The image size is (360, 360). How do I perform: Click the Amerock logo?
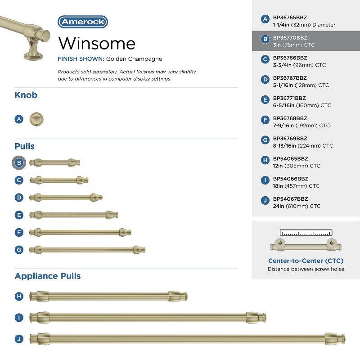pyautogui.click(x=83, y=22)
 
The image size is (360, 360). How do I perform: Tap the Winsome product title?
pyautogui.click(x=97, y=43)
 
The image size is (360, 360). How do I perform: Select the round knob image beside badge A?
pyautogui.click(x=36, y=119)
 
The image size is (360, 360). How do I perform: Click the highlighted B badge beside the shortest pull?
pyautogui.click(x=19, y=162)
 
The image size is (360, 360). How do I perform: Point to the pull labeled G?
pyautogui.click(x=87, y=249)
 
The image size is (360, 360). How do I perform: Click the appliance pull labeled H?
pyautogui.click(x=108, y=296)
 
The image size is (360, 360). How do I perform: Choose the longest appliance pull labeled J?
pyautogui.click(x=187, y=339)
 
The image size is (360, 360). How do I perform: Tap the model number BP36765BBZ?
pyautogui.click(x=290, y=18)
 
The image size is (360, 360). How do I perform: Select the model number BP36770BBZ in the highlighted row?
pyautogui.click(x=290, y=38)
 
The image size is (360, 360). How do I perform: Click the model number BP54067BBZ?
pyautogui.click(x=290, y=199)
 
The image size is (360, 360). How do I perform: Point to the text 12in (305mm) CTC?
pyautogui.click(x=297, y=166)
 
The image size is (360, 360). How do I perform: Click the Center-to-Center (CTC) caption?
pyautogui.click(x=306, y=261)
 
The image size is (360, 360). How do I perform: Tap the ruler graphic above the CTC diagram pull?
pyautogui.click(x=306, y=233)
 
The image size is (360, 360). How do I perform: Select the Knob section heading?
pyautogui.click(x=26, y=95)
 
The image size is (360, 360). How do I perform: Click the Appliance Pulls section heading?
pyautogui.click(x=48, y=276)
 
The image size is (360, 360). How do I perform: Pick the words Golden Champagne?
pyautogui.click(x=134, y=59)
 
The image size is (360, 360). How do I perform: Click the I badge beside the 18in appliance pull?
pyautogui.click(x=19, y=318)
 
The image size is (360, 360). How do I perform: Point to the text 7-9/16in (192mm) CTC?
pyautogui.click(x=301, y=126)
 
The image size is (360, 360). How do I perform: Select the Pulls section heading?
pyautogui.click(x=25, y=146)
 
